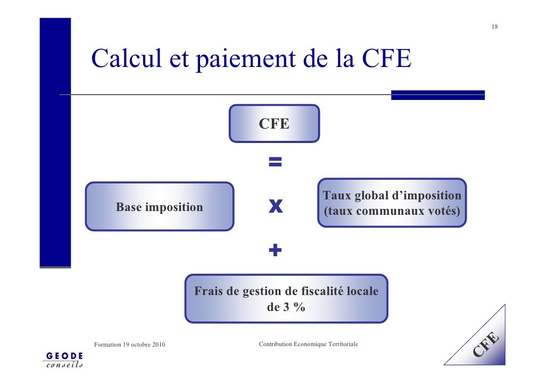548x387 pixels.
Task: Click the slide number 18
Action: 494,27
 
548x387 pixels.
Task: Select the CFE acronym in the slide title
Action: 386,58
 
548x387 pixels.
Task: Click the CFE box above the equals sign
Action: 274,124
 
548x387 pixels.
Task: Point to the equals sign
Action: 275,162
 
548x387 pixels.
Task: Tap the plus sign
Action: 275,250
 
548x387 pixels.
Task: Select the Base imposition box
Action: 160,207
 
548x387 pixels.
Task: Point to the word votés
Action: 443,211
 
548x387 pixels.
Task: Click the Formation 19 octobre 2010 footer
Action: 129,345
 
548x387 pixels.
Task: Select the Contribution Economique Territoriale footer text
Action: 308,344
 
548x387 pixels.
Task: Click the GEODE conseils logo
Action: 64,359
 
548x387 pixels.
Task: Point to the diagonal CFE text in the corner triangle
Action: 486,343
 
